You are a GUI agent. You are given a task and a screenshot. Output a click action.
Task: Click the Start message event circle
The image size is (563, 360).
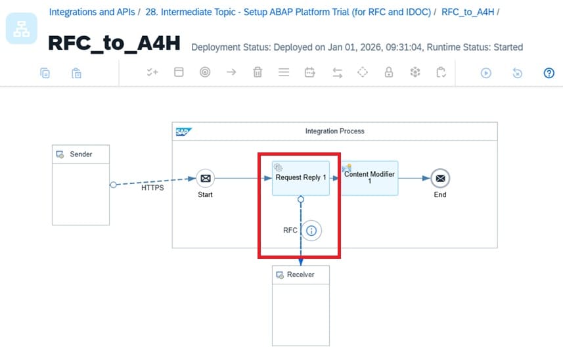[x=205, y=178]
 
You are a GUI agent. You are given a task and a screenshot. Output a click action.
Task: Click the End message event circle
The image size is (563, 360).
[x=440, y=178]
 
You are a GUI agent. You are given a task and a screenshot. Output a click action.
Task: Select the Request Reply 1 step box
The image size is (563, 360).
[x=301, y=178]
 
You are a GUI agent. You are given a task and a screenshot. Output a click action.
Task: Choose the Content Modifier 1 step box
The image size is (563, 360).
[x=369, y=178]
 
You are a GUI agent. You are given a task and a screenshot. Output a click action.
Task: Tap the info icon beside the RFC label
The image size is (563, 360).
[x=311, y=231]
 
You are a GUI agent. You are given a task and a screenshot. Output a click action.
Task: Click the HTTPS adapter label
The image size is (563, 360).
[x=152, y=187]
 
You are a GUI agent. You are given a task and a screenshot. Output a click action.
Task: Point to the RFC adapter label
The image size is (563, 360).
[x=290, y=231]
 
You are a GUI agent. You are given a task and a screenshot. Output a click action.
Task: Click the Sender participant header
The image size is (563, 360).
[x=81, y=154]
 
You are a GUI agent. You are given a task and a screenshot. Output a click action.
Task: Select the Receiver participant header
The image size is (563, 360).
[x=301, y=275]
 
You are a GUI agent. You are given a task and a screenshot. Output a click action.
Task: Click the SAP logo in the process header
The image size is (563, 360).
[x=183, y=131]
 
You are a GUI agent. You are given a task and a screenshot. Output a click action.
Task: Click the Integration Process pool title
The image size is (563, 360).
[x=334, y=131]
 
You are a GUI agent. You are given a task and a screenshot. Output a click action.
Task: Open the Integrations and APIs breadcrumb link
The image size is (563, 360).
[x=92, y=12]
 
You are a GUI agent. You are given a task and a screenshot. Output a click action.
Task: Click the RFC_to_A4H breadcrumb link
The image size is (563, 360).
[x=468, y=12]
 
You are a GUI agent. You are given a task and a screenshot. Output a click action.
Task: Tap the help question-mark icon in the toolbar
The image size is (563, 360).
[x=549, y=73]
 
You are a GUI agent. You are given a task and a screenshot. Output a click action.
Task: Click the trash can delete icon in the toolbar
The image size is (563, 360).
[x=258, y=73]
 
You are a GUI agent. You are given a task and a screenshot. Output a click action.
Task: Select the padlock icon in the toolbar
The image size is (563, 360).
[x=389, y=73]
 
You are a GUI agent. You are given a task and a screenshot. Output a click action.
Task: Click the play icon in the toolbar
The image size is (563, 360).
[x=486, y=73]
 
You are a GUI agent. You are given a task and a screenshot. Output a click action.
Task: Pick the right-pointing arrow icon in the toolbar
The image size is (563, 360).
[x=231, y=73]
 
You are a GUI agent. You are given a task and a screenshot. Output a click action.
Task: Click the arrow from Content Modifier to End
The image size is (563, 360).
[x=414, y=178]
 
